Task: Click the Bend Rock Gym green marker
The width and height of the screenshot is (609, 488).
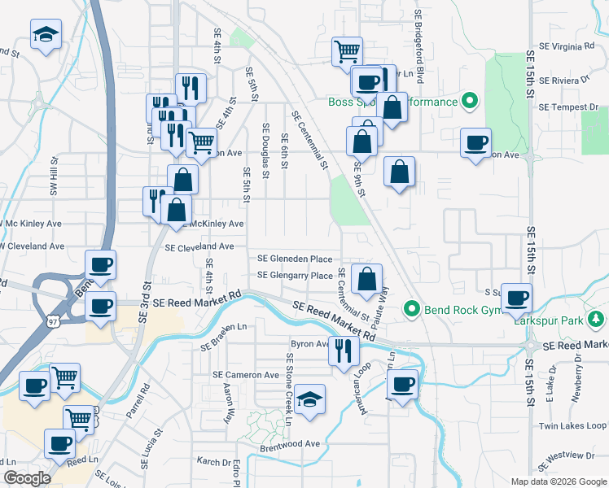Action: [x=412, y=308]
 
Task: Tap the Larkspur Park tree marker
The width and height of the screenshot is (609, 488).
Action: [x=597, y=320]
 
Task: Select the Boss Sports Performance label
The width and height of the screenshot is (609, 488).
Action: [x=392, y=102]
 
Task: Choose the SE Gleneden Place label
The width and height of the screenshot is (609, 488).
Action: [x=295, y=259]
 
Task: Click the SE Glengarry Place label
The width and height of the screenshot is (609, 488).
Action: [x=295, y=276]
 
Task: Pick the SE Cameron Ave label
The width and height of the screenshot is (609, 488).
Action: [x=246, y=375]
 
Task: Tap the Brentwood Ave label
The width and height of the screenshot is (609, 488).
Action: [x=290, y=444]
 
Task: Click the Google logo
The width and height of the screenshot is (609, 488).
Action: [x=27, y=478]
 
